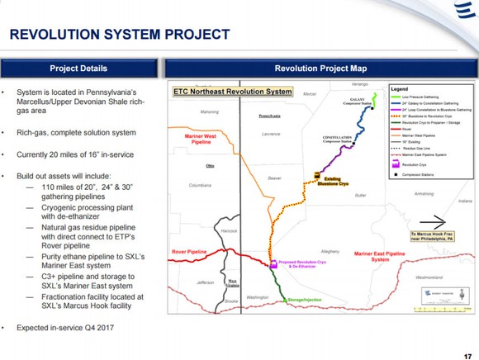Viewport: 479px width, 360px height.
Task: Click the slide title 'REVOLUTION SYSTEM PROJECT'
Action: coord(119,35)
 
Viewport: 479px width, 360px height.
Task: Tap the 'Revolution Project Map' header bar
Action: coord(320,67)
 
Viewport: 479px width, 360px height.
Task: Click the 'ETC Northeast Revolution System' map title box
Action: coord(232,91)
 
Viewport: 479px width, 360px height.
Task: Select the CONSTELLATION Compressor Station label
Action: coord(338,138)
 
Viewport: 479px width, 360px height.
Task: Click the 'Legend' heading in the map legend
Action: coord(401,87)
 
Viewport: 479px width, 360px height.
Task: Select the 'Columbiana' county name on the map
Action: coord(201,186)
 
